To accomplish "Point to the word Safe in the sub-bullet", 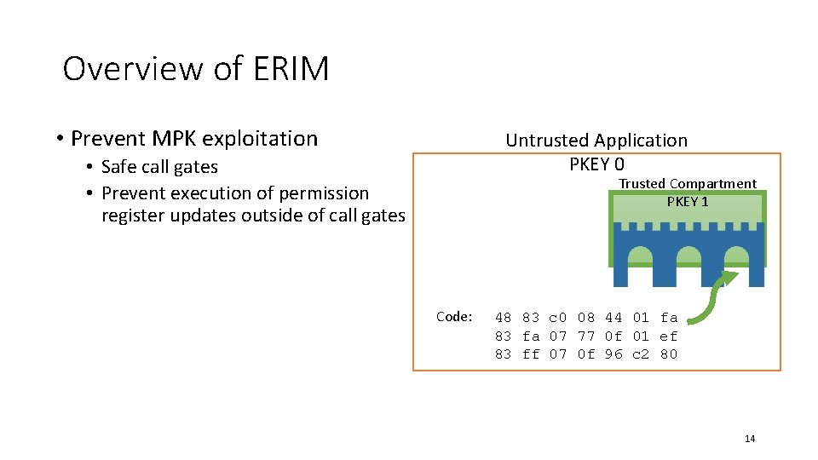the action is click(x=120, y=167).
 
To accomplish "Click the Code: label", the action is click(x=454, y=317).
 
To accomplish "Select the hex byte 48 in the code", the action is click(x=503, y=319).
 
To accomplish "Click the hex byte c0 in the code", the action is click(x=558, y=319).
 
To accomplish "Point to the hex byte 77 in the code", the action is click(x=585, y=336).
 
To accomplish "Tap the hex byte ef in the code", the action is click(x=669, y=336).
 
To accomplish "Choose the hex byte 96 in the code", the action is click(x=613, y=354).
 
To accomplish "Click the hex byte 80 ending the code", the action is click(x=669, y=354).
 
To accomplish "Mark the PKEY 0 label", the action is click(x=596, y=164).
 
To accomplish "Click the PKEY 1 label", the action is click(x=688, y=202).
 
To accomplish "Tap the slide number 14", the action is click(x=750, y=439).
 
